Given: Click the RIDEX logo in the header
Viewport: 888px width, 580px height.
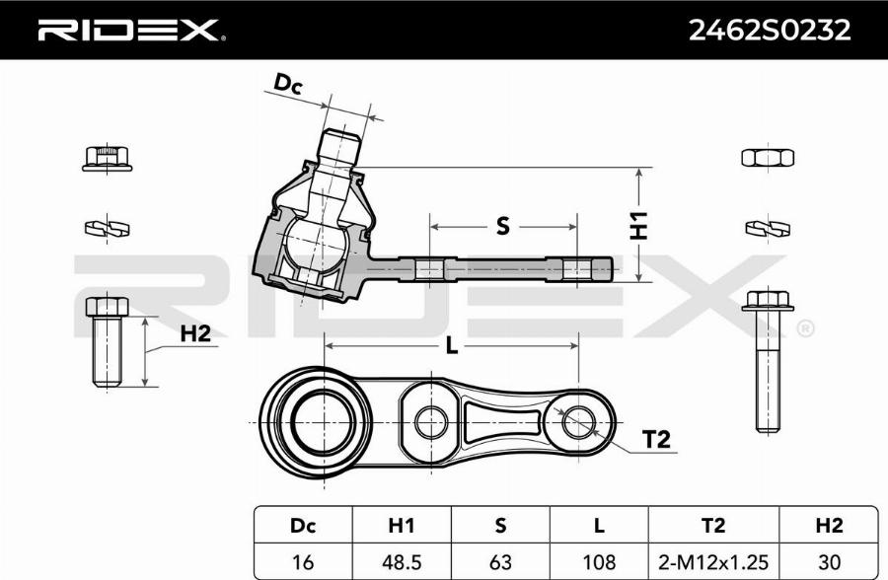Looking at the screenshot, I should (129, 31).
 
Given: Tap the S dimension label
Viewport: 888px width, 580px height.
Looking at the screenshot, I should (502, 227).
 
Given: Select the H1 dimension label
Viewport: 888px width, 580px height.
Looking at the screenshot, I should (638, 226).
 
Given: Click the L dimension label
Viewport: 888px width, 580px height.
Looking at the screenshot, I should (452, 345).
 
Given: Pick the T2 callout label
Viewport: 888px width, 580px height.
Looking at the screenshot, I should (656, 440).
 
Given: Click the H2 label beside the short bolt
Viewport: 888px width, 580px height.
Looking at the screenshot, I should (195, 333).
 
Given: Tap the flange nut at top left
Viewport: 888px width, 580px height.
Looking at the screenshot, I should (107, 157).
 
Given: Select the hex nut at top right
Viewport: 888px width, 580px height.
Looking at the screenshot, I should (767, 157).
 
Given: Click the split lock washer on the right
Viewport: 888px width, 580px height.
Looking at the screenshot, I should (767, 229).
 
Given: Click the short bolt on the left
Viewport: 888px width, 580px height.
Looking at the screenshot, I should (106, 341).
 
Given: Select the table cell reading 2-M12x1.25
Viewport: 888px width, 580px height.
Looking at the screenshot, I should (712, 561).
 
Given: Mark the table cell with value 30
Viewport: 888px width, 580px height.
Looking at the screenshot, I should (827, 561).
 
